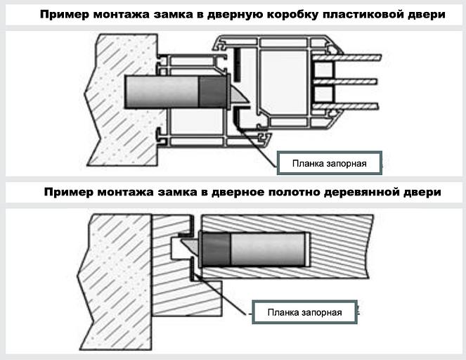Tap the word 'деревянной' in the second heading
[x=366, y=191]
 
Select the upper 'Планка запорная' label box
[x=330, y=162]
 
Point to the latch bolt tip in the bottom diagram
[x=189, y=246]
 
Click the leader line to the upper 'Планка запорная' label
[x=260, y=144]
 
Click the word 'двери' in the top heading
[x=428, y=15]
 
